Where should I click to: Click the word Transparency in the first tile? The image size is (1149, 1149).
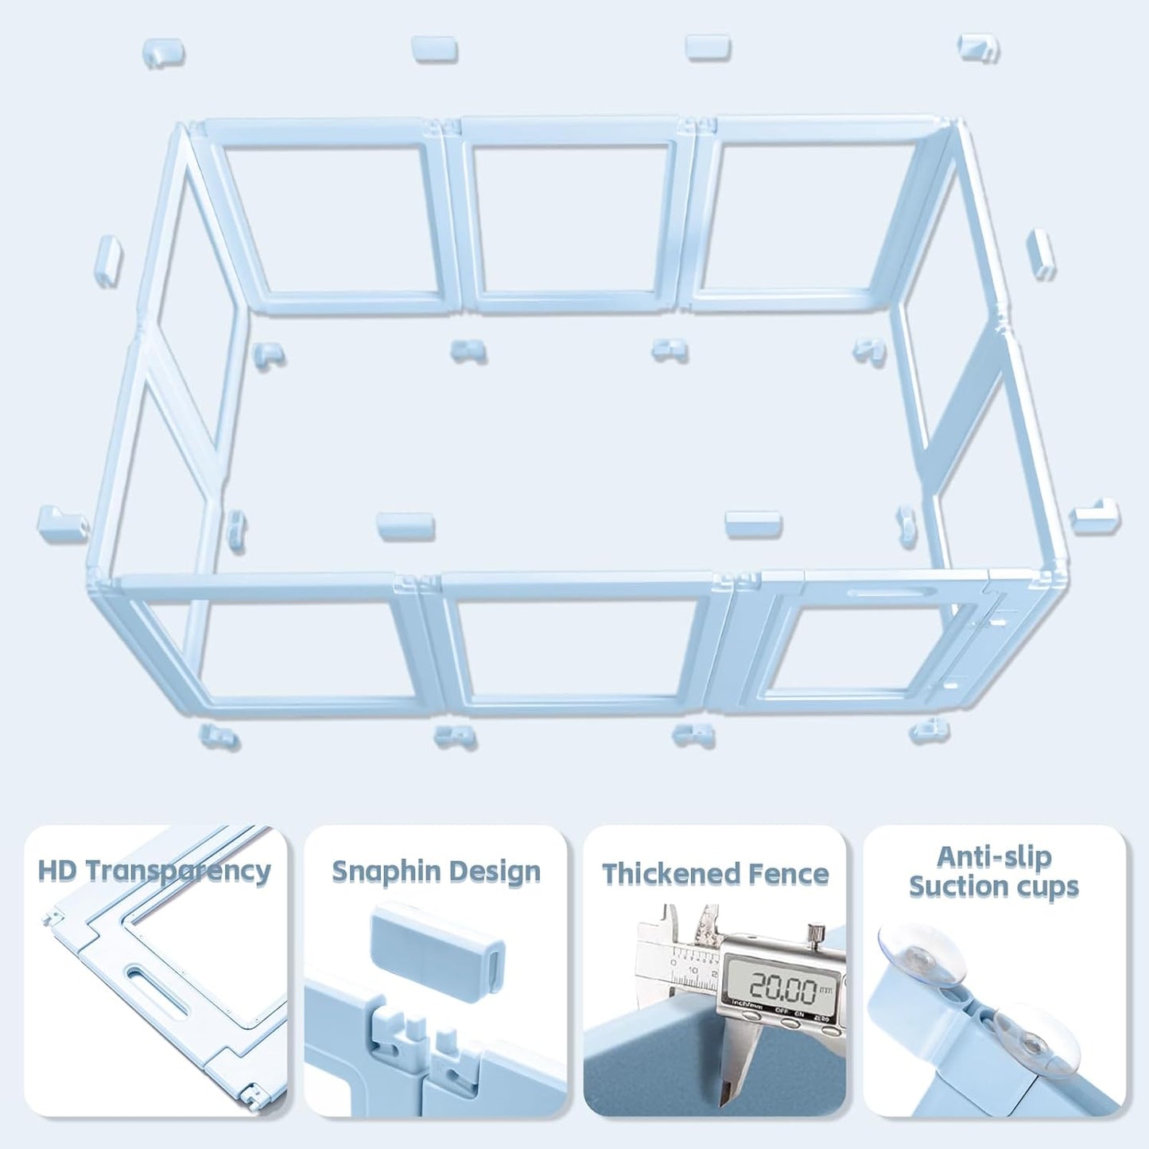[x=177, y=871]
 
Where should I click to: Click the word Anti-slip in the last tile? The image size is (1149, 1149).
[x=994, y=857]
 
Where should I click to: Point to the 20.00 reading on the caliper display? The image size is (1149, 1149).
[x=783, y=989]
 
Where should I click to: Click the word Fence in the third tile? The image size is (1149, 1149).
[x=792, y=874]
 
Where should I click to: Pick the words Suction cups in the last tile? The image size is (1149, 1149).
[x=994, y=887]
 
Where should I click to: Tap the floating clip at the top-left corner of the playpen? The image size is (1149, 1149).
[x=163, y=52]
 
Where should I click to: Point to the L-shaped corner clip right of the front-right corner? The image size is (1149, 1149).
[x=1094, y=515]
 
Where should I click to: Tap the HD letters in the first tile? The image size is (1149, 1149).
[x=57, y=871]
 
